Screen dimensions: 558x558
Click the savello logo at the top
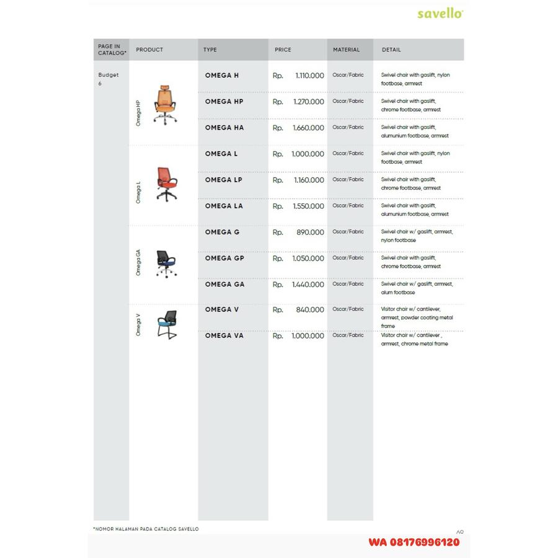(x=440, y=13)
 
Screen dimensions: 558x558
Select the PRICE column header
(x=283, y=50)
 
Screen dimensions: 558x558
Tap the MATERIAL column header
(x=346, y=50)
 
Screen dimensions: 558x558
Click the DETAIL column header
(x=391, y=50)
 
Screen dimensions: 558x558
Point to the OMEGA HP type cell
(x=224, y=102)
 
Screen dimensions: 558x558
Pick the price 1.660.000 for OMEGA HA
(x=308, y=128)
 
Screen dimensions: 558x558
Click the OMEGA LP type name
(x=224, y=180)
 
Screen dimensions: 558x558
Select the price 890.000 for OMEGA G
(x=310, y=232)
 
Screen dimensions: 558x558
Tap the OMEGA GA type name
(x=224, y=284)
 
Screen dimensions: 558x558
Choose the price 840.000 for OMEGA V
(x=310, y=310)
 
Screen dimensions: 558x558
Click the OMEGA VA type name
(x=224, y=335)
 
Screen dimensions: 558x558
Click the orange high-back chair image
(x=164, y=104)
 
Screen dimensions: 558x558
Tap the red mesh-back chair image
(x=165, y=184)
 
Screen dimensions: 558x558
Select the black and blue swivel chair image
(x=166, y=263)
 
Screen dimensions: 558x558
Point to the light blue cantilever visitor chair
(x=166, y=324)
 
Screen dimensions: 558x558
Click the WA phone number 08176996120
(x=414, y=542)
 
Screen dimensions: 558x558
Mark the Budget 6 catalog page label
(x=108, y=79)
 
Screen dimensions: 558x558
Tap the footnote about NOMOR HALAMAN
(x=146, y=529)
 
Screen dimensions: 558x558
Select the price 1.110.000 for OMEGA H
(x=308, y=76)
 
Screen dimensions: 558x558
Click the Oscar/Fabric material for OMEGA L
(x=348, y=153)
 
